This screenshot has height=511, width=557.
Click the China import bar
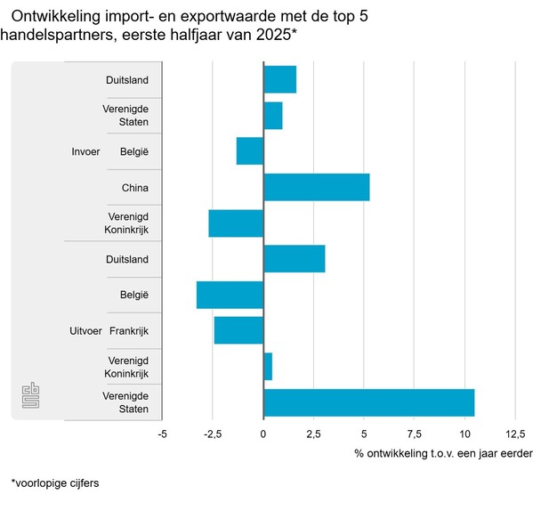(x=316, y=187)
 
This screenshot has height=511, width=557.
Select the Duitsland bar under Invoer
(x=279, y=79)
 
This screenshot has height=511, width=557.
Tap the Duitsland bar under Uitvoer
(x=294, y=259)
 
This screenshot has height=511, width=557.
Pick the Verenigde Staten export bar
(x=368, y=402)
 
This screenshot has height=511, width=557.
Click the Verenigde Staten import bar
(x=272, y=116)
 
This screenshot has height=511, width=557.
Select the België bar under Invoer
(x=250, y=151)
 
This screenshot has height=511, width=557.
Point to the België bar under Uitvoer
(x=230, y=295)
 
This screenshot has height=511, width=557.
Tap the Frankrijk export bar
(x=238, y=330)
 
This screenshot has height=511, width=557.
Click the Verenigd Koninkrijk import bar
(x=236, y=223)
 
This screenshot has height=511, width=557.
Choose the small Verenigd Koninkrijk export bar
(x=268, y=367)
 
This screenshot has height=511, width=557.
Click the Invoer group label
(x=86, y=151)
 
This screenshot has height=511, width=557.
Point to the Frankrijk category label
(x=129, y=331)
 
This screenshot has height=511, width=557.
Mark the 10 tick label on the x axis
(x=465, y=434)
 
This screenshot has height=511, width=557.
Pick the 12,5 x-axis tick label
(x=515, y=434)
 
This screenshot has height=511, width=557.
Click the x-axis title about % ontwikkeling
(x=443, y=454)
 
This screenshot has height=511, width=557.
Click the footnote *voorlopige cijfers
(x=55, y=483)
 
